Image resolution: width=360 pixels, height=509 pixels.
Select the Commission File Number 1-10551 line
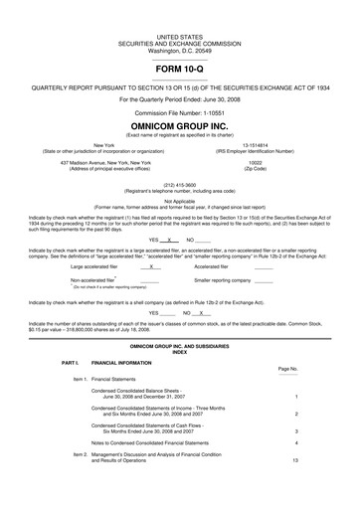pos(180,110)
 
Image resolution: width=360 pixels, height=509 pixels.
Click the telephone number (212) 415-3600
pos(180,183)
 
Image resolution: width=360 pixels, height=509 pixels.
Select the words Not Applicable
pos(180,199)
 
